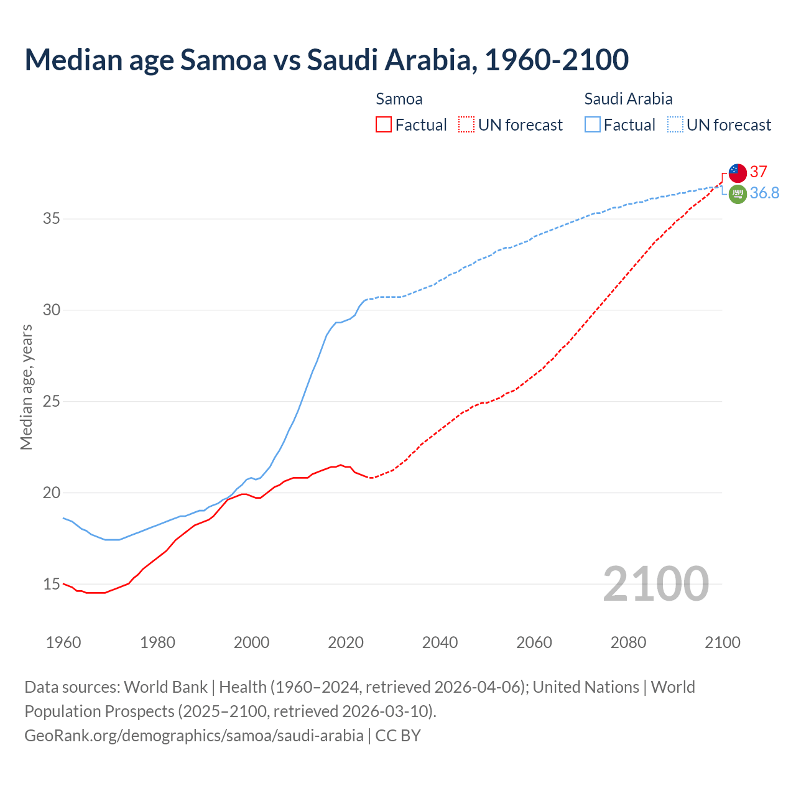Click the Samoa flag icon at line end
[738, 173]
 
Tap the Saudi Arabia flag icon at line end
[738, 194]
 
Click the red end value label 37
[759, 172]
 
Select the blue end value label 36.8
[764, 193]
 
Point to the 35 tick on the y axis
[52, 219]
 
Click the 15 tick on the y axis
[52, 584]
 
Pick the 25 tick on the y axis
[52, 401]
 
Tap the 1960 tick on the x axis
[63, 642]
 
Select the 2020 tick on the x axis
[346, 642]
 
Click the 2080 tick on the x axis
[628, 642]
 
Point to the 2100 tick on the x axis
[722, 642]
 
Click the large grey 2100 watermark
[655, 583]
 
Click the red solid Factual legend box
[384, 124]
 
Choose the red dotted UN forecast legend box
[466, 124]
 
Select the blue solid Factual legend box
[592, 124]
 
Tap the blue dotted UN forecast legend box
[675, 124]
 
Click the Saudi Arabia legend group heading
[628, 99]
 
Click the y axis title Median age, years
[26, 387]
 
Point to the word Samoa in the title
[224, 60]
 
